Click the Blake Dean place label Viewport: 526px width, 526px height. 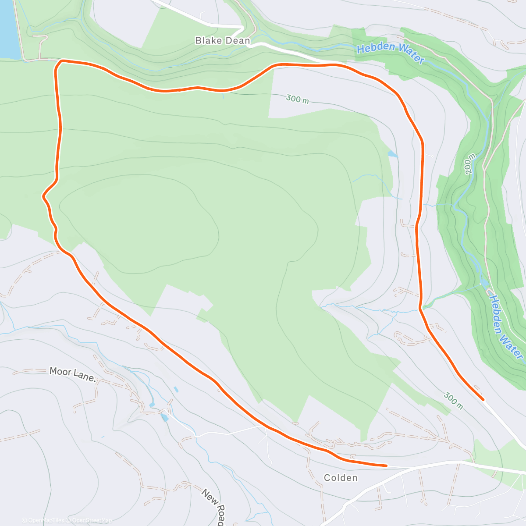pos(222,41)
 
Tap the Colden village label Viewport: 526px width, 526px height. pos(341,477)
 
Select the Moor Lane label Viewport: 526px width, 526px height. pos(72,373)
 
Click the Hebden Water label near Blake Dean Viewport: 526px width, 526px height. pos(390,53)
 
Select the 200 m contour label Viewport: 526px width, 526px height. pos(470,164)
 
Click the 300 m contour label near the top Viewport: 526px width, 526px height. pos(297,99)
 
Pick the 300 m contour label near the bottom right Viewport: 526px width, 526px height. pos(453,400)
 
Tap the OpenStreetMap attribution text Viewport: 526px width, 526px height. pos(92,520)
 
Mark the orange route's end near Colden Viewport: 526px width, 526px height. pos(386,466)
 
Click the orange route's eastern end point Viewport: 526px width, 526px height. pos(483,399)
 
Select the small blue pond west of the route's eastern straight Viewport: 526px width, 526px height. pos(392,154)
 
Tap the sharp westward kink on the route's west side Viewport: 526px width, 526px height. pos(43,196)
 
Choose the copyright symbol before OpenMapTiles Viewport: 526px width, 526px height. pos(25,520)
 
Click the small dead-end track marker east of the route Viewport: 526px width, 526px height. pos(432,156)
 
